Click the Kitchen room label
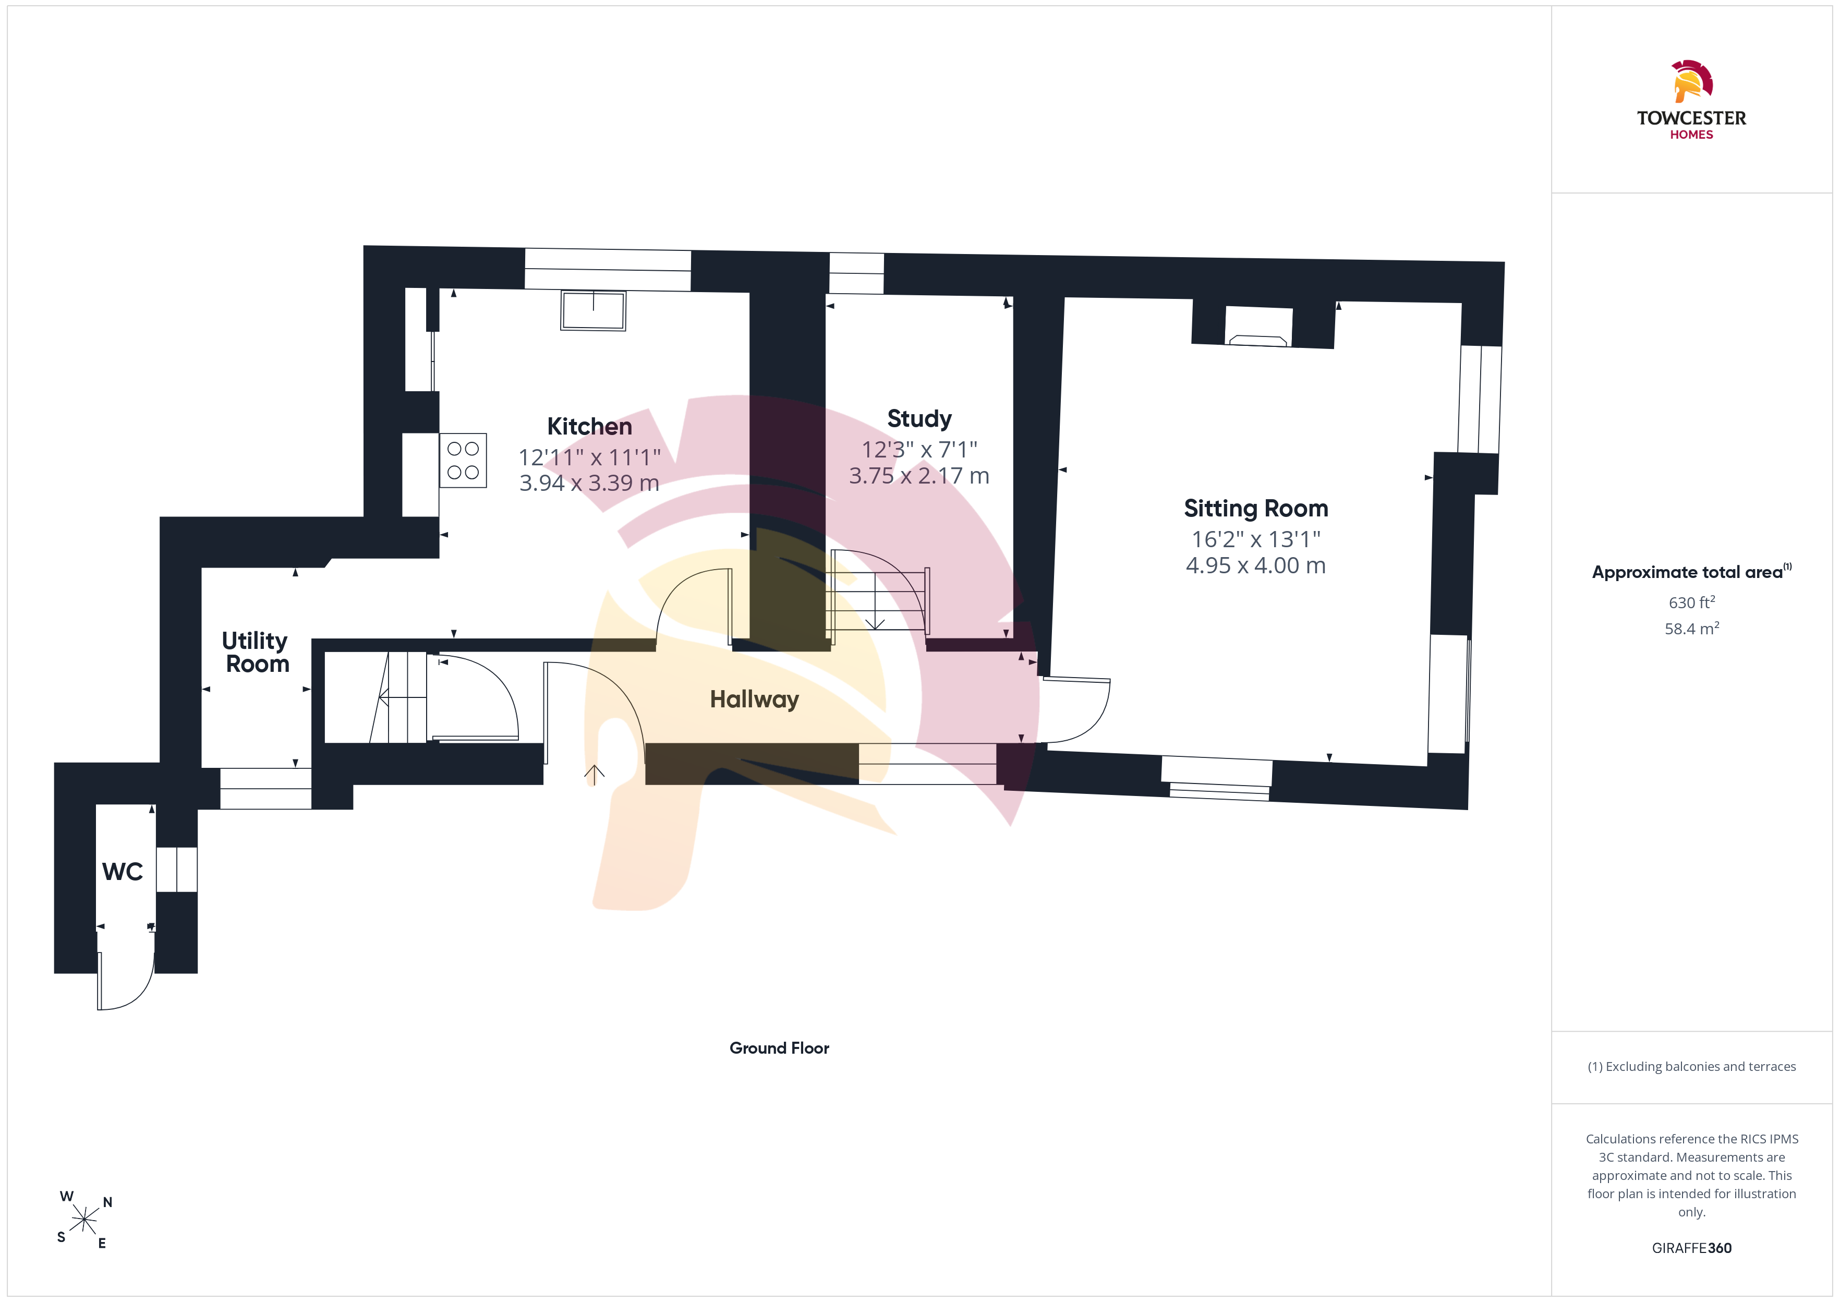point(589,427)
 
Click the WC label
point(123,872)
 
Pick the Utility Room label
point(256,652)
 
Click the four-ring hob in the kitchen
point(463,460)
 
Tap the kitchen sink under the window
point(593,311)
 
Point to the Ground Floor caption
point(779,1048)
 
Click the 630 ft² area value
point(1692,602)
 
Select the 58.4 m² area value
point(1692,629)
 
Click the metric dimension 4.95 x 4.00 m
point(1256,565)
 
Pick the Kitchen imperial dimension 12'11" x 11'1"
point(589,457)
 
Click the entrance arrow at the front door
point(594,775)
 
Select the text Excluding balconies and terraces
point(1701,1066)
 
